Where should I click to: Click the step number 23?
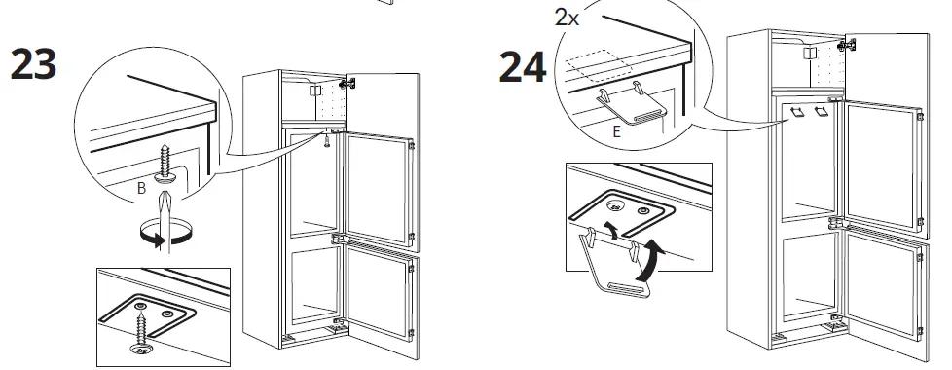pos(33,64)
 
